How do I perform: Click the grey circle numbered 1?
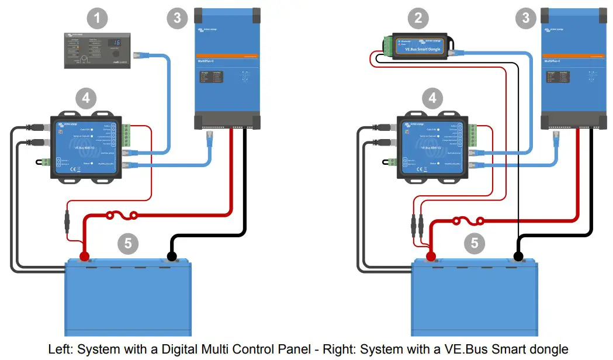97,19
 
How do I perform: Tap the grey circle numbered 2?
418,19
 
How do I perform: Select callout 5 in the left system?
127,241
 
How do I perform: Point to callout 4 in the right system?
432,98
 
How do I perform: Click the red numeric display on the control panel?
116,43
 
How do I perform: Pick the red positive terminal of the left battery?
85,256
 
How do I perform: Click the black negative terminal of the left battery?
172,256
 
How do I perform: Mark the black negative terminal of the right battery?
518,256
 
